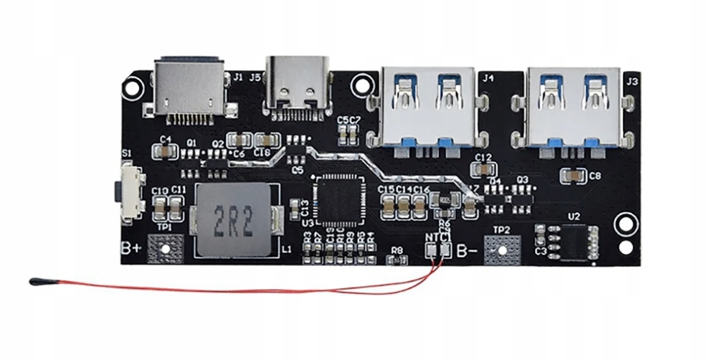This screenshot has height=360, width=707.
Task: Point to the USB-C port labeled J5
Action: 298,85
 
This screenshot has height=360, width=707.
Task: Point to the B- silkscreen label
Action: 468,252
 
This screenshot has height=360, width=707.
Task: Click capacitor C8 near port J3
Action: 574,174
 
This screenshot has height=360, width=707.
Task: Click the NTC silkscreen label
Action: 437,237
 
